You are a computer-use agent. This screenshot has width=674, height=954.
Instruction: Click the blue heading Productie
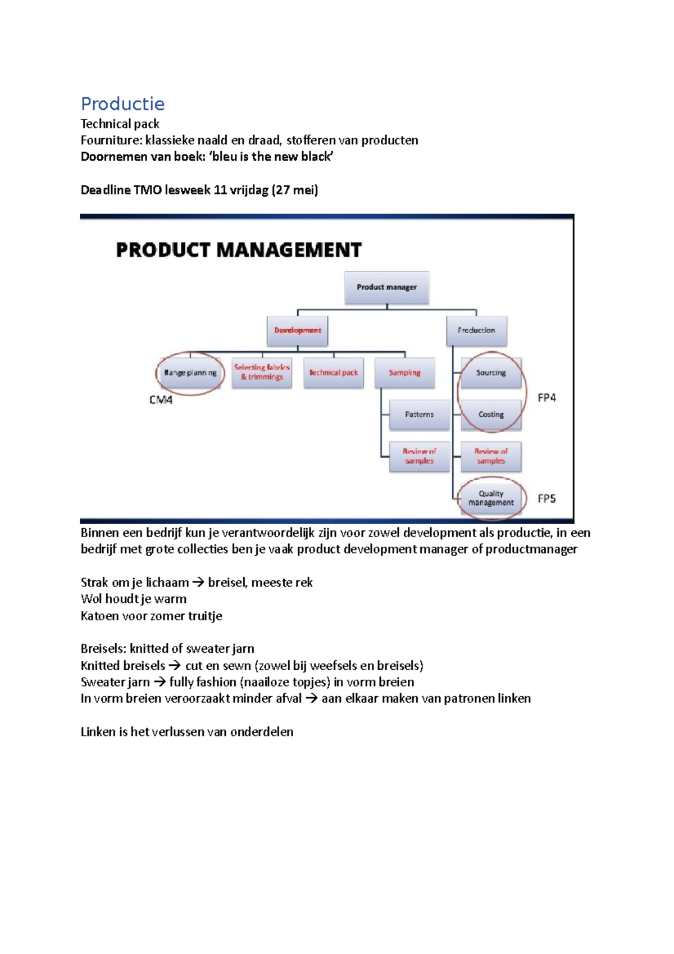coord(122,104)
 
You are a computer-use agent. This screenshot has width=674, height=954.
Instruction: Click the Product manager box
coord(386,287)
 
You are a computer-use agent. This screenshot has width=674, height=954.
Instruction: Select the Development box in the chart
coord(298,330)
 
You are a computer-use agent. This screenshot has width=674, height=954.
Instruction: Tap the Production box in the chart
coord(476,330)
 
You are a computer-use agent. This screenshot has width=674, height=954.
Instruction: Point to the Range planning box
coord(190,372)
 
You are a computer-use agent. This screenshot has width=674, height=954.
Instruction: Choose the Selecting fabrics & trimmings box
coord(262,372)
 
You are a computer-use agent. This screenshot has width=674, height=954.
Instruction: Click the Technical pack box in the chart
coord(334,372)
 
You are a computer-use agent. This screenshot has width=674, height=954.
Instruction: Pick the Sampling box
coord(404,372)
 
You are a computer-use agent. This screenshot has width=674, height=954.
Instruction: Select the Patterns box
coord(419,415)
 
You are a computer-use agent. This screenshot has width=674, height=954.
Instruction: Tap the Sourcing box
coord(491,372)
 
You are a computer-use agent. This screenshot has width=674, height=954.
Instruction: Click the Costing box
coord(491,415)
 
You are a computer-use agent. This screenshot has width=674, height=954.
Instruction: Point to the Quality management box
coord(491,498)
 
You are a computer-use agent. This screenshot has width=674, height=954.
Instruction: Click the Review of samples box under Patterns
coord(419,456)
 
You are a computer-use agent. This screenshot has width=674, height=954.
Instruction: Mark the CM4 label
coord(161,400)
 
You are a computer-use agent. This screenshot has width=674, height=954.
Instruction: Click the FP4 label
coord(547,398)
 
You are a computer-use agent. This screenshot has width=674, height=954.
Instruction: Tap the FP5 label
coord(547,498)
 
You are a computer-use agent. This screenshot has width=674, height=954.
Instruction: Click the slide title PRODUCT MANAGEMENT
coord(239,250)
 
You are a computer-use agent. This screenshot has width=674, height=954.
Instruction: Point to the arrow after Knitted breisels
coord(175,666)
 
